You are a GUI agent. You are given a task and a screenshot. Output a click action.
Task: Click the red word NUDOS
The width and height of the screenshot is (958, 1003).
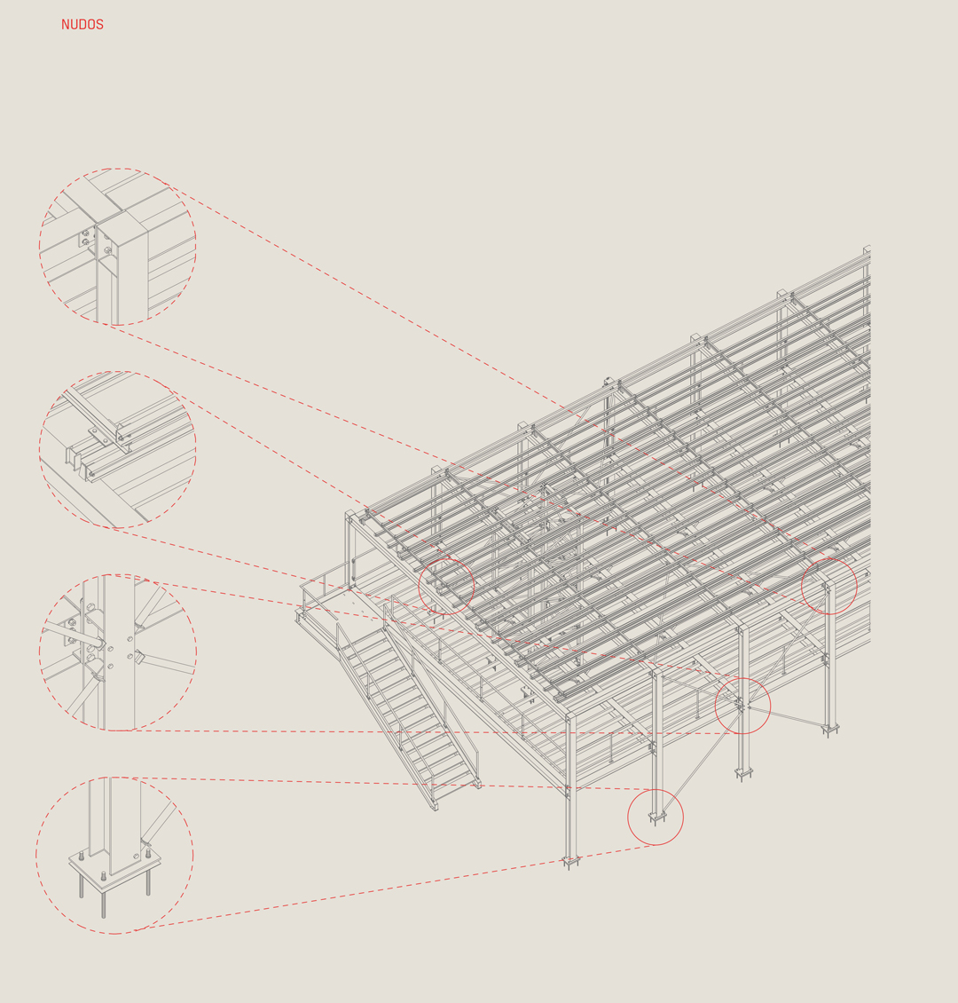coord(82,25)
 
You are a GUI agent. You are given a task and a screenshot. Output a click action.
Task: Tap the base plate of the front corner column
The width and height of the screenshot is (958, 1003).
coord(570,860)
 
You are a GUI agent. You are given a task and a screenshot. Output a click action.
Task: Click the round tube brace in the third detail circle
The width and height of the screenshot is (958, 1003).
coord(74,635)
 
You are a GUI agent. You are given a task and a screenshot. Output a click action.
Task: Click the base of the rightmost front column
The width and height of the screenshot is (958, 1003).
coord(830,729)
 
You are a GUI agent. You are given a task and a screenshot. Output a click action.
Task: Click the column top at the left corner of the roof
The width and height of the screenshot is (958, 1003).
coord(349,515)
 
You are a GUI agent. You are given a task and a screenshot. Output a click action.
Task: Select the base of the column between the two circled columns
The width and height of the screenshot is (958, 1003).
coord(743,773)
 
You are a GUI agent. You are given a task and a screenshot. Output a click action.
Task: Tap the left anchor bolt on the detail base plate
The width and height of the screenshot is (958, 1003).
coord(82,855)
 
